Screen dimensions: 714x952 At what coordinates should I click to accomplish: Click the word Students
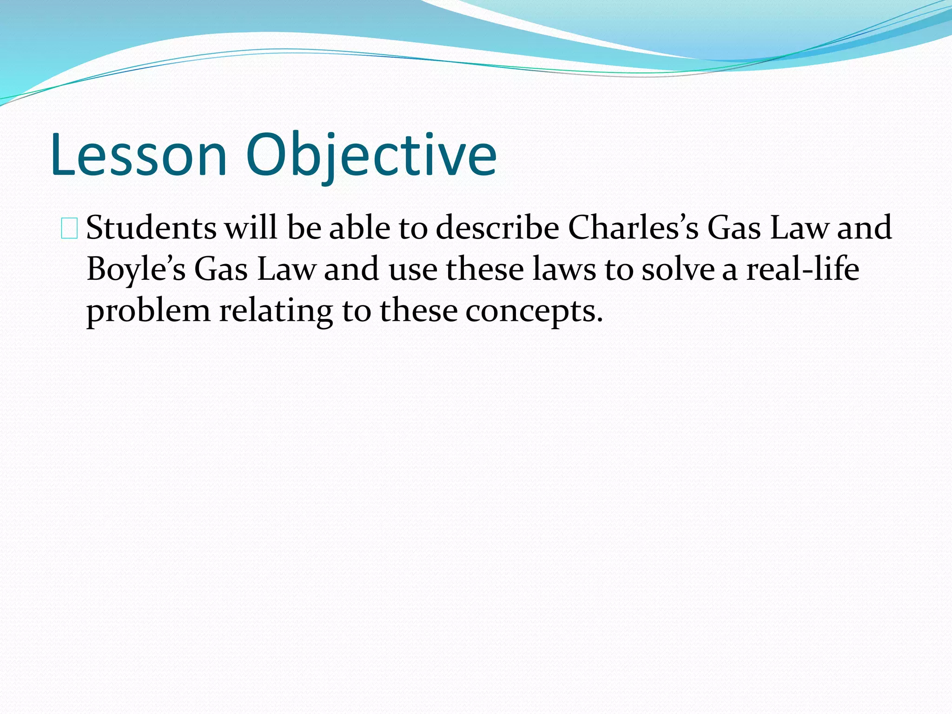pyautogui.click(x=151, y=228)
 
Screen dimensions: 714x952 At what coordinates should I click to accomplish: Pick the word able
pyautogui.click(x=360, y=228)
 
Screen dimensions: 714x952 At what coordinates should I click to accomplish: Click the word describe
pyautogui.click(x=497, y=229)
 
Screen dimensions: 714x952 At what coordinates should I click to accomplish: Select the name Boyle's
pyautogui.click(x=136, y=270)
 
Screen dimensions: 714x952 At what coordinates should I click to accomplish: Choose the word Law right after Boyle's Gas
pyautogui.click(x=286, y=270)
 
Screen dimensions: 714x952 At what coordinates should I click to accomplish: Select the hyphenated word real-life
pyautogui.click(x=803, y=270)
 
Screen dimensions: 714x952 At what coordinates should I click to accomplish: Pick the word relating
pyautogui.click(x=276, y=311)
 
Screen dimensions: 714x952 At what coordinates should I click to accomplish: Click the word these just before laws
pyautogui.click(x=485, y=270)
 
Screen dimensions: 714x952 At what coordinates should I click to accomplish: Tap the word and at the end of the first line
pyautogui.click(x=865, y=228)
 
